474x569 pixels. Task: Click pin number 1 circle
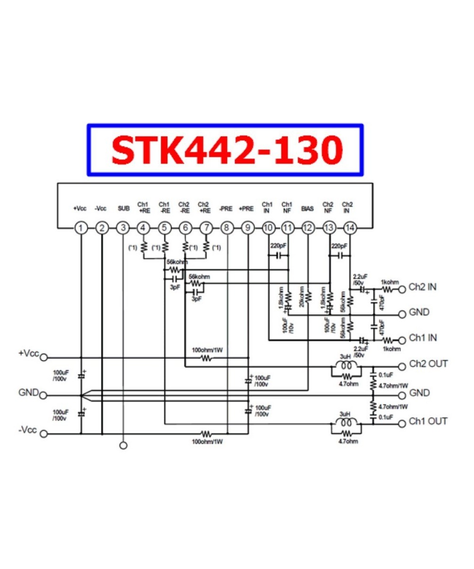(81, 228)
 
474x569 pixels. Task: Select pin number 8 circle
(227, 228)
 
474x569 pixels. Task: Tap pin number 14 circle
(349, 228)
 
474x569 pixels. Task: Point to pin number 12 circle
(308, 228)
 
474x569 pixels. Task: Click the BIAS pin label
(307, 208)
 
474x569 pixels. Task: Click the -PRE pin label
(226, 208)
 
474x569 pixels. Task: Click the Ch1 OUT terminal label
(428, 422)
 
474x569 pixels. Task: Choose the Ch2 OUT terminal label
(428, 365)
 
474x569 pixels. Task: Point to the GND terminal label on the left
(28, 393)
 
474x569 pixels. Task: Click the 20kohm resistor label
(302, 295)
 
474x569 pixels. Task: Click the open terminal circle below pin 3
(123, 446)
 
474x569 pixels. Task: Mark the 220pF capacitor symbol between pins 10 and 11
(278, 256)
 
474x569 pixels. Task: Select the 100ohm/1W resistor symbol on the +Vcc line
(206, 358)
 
